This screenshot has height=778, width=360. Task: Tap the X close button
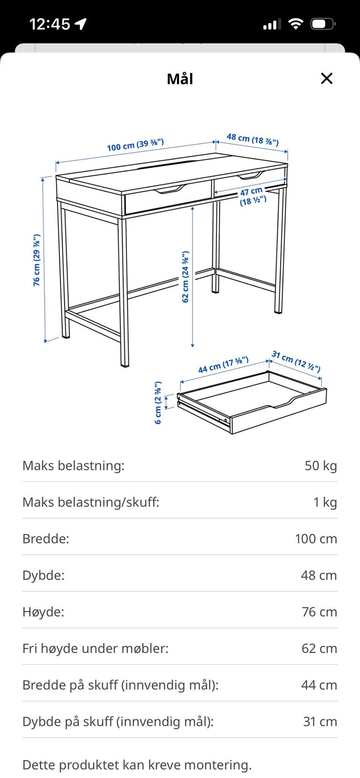[326, 78]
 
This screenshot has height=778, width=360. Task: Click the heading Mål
[180, 79]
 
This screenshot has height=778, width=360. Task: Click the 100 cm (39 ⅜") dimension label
[135, 145]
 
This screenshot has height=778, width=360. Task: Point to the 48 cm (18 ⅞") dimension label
[252, 139]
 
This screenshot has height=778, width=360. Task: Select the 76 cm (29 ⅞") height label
[36, 260]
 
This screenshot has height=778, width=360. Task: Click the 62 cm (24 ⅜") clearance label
[185, 276]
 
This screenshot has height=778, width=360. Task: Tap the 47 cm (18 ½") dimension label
[252, 196]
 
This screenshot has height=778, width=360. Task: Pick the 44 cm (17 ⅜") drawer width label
[223, 364]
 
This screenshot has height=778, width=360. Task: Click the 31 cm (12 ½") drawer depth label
[296, 361]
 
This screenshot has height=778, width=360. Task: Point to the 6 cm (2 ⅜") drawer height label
[158, 403]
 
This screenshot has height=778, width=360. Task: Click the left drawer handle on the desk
[170, 190]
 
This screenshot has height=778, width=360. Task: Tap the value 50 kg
[321, 466]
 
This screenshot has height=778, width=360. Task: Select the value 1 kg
[325, 502]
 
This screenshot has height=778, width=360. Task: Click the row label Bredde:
[46, 539]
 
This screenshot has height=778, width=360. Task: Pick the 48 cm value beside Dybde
[319, 575]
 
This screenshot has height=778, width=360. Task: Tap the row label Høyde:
[43, 612]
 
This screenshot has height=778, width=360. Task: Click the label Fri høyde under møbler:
[95, 649]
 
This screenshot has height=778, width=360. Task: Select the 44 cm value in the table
[319, 685]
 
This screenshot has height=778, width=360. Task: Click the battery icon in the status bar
[323, 24]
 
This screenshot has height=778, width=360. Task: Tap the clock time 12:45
[50, 24]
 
